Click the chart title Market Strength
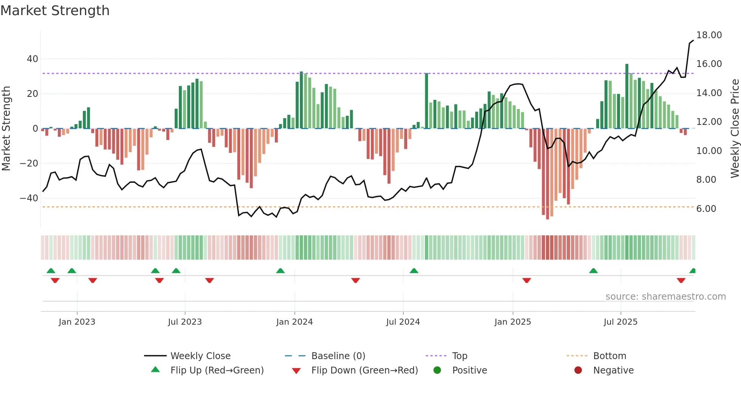click(55, 11)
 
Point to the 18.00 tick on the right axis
click(709, 35)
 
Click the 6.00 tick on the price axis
click(706, 209)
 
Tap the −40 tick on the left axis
click(29, 198)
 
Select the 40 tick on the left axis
click(33, 59)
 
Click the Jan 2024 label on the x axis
click(295, 322)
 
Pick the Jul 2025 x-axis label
click(620, 322)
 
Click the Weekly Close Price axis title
click(735, 129)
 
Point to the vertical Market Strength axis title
click(6, 129)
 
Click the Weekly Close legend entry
click(200, 356)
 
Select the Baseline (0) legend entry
click(338, 356)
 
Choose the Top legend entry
click(460, 356)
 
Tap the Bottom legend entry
click(609, 356)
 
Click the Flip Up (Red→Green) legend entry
click(217, 370)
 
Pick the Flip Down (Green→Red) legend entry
click(364, 370)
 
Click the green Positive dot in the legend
click(437, 370)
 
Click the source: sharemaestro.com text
click(665, 297)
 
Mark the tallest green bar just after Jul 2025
click(627, 96)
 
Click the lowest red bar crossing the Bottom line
click(547, 174)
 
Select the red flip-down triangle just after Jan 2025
click(527, 280)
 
